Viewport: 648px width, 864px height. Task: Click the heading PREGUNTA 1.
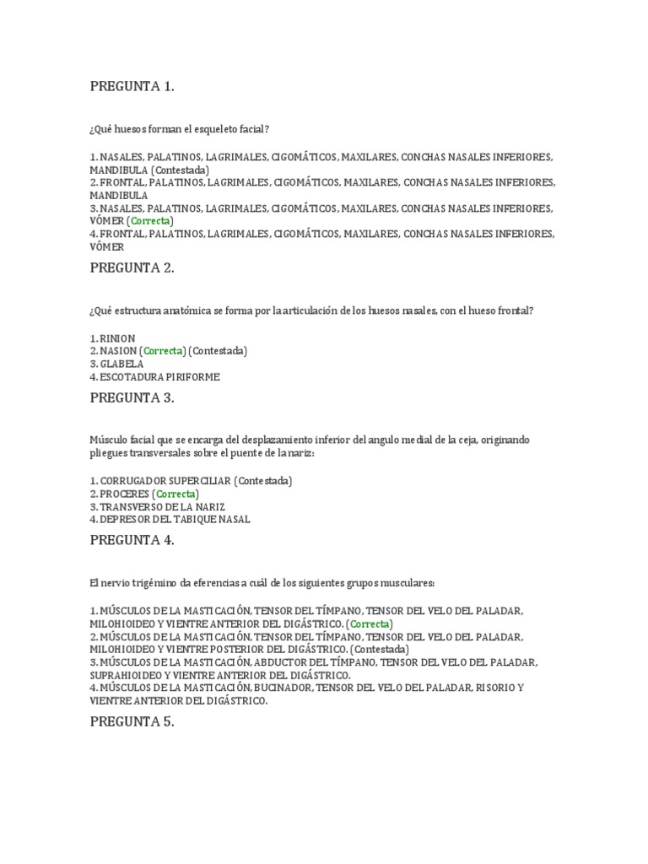pos(132,86)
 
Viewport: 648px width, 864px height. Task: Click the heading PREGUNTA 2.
pos(132,267)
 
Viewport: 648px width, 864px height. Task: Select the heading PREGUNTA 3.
pos(132,398)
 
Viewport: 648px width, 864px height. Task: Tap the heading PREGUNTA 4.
pos(132,541)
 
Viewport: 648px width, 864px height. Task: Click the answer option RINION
pos(116,337)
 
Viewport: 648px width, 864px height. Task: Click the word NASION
pos(119,350)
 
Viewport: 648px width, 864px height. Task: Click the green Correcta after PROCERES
pos(175,494)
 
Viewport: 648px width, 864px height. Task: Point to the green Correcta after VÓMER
pos(152,221)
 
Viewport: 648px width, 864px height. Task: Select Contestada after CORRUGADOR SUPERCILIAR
pos(263,481)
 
